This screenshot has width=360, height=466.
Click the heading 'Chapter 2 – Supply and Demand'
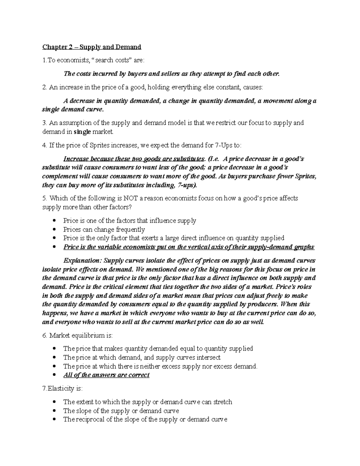(x=91, y=47)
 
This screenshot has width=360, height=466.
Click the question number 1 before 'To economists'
(x=44, y=61)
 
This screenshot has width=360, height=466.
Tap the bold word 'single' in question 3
(x=82, y=132)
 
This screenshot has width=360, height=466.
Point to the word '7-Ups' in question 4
(x=223, y=146)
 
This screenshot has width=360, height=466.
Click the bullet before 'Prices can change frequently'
(x=54, y=230)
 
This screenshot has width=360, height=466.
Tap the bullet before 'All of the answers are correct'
(x=54, y=375)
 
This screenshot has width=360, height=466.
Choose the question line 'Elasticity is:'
(x=62, y=389)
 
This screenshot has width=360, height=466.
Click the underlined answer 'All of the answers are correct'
(x=106, y=375)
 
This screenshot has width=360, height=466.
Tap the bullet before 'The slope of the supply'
(x=54, y=411)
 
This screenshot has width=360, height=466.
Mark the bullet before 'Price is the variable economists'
(x=54, y=247)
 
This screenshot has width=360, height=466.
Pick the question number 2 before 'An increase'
(x=44, y=87)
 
